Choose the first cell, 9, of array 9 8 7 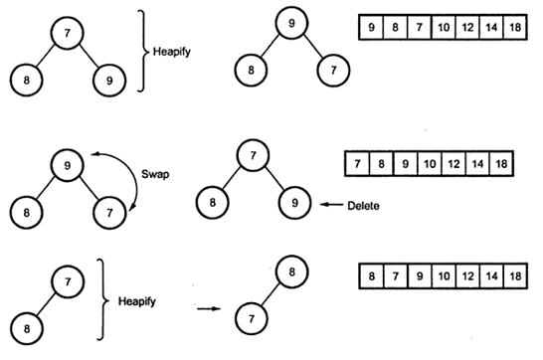[368, 27]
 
